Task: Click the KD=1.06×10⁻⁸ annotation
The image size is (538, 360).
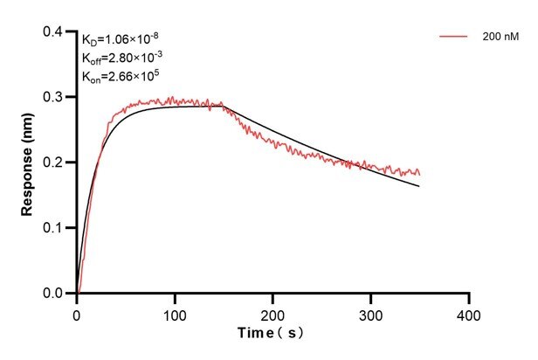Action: (120, 38)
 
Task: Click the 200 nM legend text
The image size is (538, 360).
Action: (499, 38)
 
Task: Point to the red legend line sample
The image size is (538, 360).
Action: (454, 38)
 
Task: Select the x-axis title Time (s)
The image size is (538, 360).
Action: (272, 335)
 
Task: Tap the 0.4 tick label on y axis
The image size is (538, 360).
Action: (53, 32)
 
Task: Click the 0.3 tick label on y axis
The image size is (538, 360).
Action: (53, 97)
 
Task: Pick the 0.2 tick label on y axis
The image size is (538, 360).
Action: (53, 163)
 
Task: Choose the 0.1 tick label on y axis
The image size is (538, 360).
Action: (53, 228)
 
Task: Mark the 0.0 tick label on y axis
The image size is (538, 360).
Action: (53, 294)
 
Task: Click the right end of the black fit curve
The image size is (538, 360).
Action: (419, 186)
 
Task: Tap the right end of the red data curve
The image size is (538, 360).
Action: (419, 174)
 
